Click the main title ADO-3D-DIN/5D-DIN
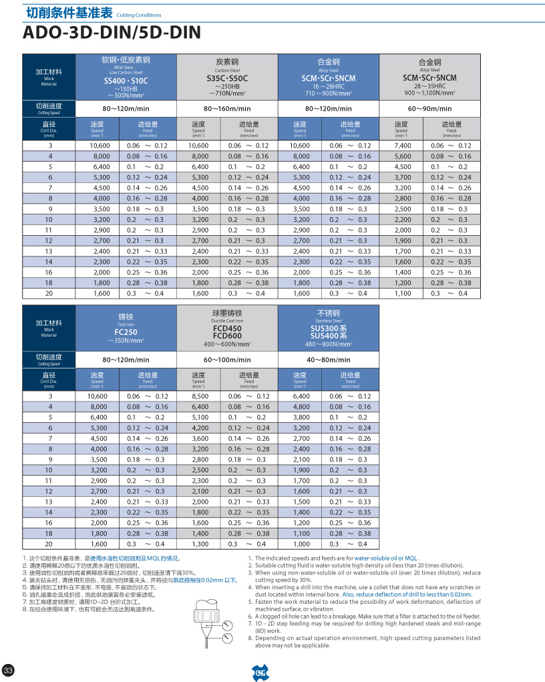(x=112, y=33)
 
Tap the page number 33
(x=9, y=670)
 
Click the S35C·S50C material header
(x=227, y=79)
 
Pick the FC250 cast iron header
(x=126, y=332)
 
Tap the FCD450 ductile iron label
(x=227, y=329)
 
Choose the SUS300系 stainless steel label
(x=329, y=328)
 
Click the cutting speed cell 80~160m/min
(x=227, y=109)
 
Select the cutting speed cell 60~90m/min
(x=429, y=109)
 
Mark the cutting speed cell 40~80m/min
(x=329, y=360)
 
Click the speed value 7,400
(x=403, y=146)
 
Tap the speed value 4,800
(x=302, y=407)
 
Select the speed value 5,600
(x=403, y=156)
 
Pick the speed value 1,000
(x=302, y=544)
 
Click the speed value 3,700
(x=403, y=177)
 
